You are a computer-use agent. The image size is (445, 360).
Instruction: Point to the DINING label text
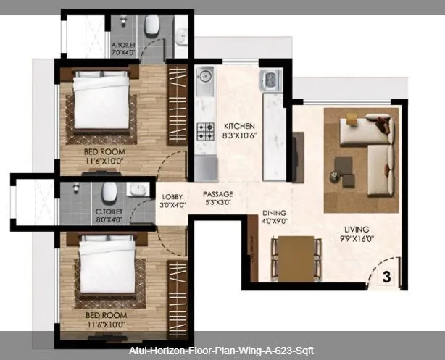click(274, 213)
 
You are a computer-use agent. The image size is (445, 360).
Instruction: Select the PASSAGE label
click(217, 194)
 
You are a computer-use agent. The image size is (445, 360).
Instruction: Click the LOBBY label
click(172, 196)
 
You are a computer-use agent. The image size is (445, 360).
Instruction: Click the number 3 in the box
click(386, 276)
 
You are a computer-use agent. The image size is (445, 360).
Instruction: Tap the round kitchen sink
click(204, 75)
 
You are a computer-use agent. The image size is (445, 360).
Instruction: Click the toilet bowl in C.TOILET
click(109, 192)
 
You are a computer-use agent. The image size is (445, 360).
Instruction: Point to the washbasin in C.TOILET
click(137, 190)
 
